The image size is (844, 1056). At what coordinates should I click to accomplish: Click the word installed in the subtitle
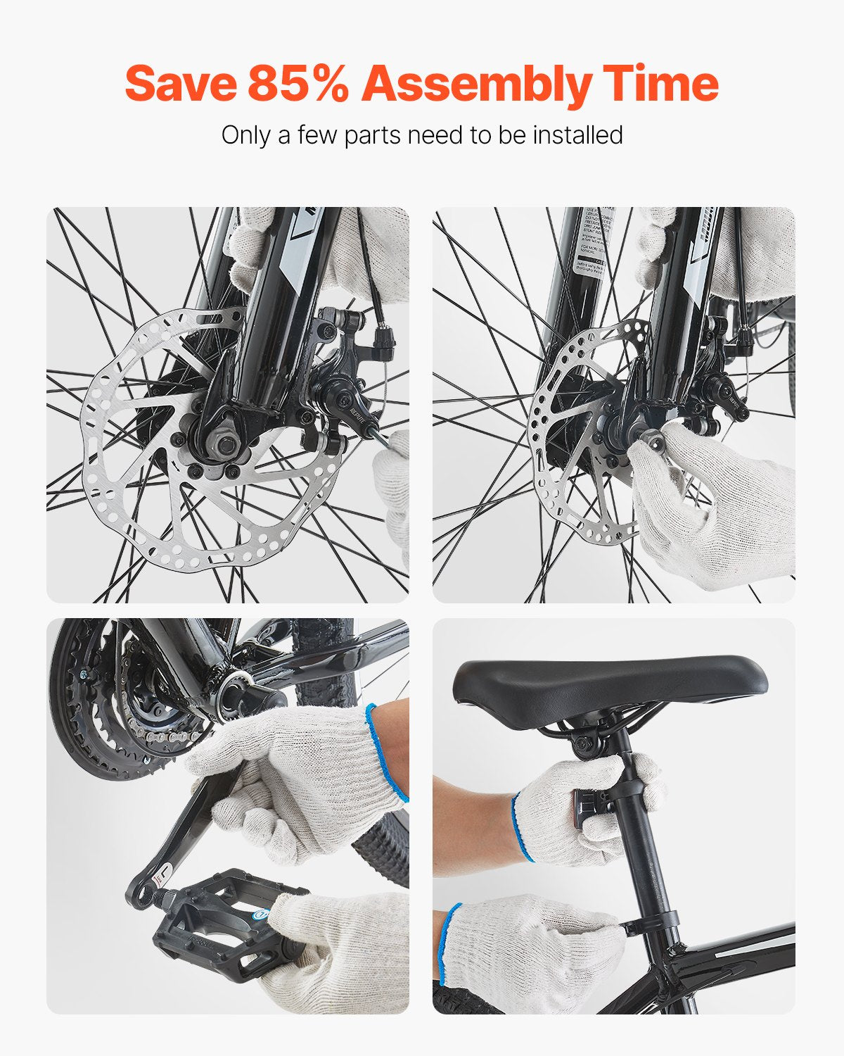[577, 134]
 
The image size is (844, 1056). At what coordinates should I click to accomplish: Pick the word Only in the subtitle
[246, 134]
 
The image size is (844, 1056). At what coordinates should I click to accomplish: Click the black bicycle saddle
[608, 683]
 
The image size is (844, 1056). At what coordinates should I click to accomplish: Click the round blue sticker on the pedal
[260, 915]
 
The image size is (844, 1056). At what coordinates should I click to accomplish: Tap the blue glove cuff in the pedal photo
[387, 753]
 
